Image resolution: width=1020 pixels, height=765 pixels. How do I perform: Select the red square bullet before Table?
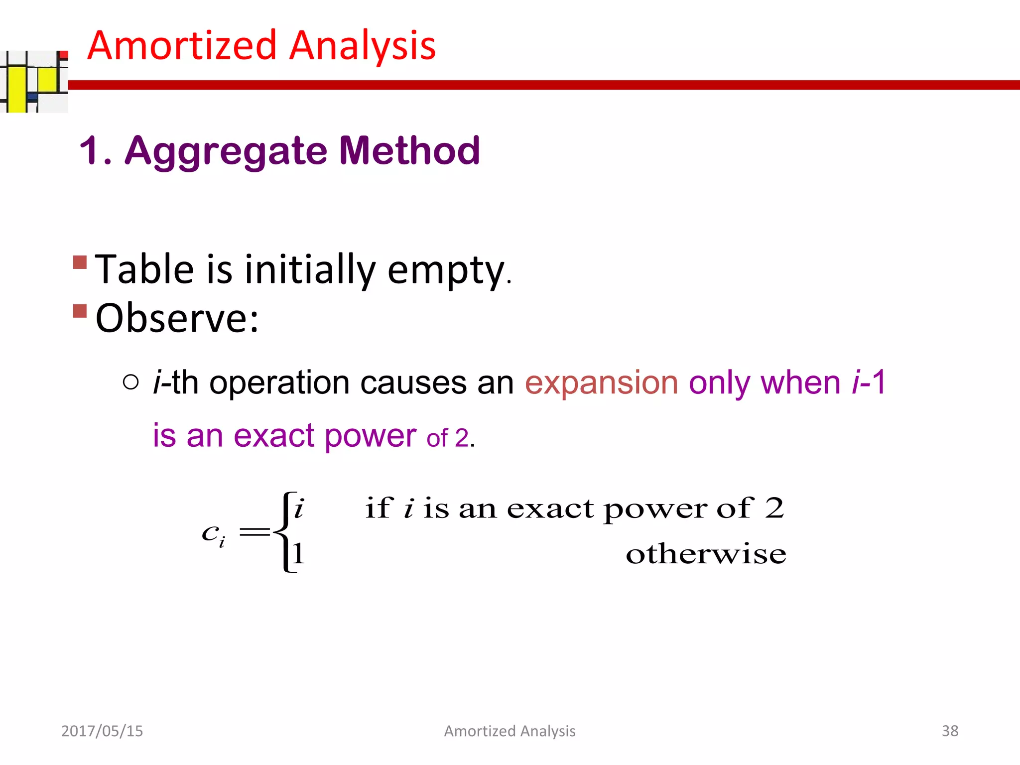coord(80,262)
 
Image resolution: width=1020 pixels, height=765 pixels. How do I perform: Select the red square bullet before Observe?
coord(80,311)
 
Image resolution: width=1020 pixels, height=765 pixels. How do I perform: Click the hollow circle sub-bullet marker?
coord(130,382)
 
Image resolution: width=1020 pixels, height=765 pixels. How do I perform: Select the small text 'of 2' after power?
coord(447,438)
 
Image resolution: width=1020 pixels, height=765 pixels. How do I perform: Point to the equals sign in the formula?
coord(255,532)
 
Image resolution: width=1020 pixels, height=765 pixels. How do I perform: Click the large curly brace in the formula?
coord(282,532)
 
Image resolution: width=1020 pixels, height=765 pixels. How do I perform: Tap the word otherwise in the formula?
coord(706,554)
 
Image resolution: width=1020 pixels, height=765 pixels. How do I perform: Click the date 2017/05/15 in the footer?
coord(102,731)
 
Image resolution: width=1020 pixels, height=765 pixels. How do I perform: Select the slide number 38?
coord(950,731)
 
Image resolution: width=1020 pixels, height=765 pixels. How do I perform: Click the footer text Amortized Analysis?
coord(510,731)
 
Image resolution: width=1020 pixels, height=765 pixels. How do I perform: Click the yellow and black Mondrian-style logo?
coord(34,81)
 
